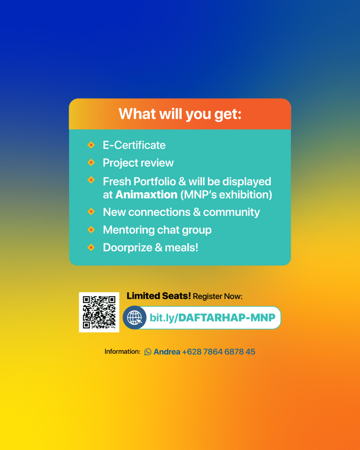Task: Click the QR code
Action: [x=99, y=312]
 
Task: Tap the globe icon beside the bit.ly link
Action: [x=135, y=317]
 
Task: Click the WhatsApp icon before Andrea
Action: [x=148, y=352]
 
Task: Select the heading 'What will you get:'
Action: [x=180, y=114]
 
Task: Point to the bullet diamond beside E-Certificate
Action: [x=91, y=145]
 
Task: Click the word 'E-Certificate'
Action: [x=134, y=145]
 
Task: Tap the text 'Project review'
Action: [x=138, y=163]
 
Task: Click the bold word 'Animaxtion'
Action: [x=146, y=195]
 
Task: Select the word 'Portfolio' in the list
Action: [x=155, y=181]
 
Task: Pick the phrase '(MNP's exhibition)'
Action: [x=226, y=195]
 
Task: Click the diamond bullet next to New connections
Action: [x=91, y=211]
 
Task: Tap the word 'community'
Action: [x=231, y=212]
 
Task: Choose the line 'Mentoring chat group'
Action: [x=157, y=230]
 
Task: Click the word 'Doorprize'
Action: [x=128, y=248]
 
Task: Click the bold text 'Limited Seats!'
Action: [x=159, y=296]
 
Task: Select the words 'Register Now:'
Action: [x=218, y=297]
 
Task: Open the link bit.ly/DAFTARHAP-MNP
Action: [x=212, y=318]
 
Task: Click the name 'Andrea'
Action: [x=167, y=352]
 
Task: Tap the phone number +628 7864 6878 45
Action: [x=218, y=352]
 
